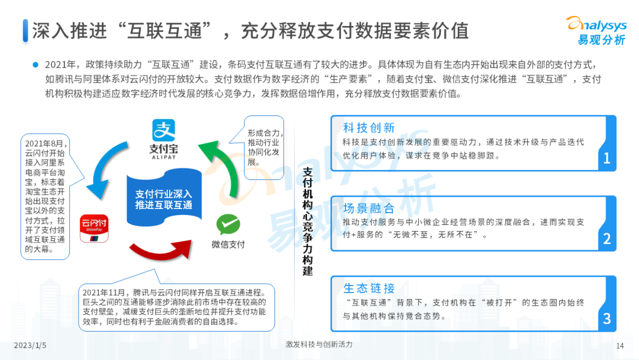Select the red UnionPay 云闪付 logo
point(94,229)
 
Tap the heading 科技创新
point(369,128)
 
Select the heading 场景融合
point(369,208)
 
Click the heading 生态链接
point(369,288)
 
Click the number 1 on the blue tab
point(606,158)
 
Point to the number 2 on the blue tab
point(606,239)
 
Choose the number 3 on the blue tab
point(606,319)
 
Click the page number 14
point(620,346)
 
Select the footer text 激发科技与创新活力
point(318,345)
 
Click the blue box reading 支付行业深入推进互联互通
point(164,199)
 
